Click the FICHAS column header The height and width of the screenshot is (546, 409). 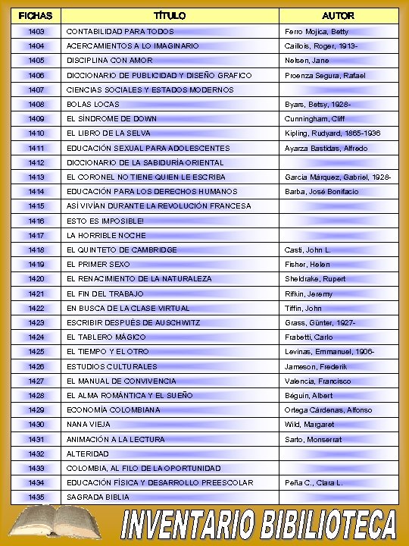(36, 15)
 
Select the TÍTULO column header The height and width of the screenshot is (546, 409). (169, 15)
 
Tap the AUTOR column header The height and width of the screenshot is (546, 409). (338, 15)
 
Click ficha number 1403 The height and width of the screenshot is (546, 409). (36, 32)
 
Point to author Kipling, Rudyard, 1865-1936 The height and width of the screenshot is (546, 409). (333, 133)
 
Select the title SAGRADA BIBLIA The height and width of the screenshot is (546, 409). (98, 497)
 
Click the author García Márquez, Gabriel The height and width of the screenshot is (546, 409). (338, 177)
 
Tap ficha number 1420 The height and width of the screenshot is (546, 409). (36, 279)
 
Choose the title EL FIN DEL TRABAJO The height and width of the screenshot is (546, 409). (105, 293)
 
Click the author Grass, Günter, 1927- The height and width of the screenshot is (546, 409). (320, 323)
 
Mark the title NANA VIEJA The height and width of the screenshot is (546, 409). (89, 425)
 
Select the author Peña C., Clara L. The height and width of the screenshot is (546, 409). (314, 483)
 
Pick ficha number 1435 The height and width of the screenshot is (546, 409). (36, 497)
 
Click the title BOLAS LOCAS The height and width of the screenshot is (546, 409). (93, 105)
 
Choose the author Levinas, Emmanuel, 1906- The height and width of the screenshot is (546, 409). (329, 352)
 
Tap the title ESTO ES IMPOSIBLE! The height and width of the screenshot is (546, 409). (105, 221)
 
